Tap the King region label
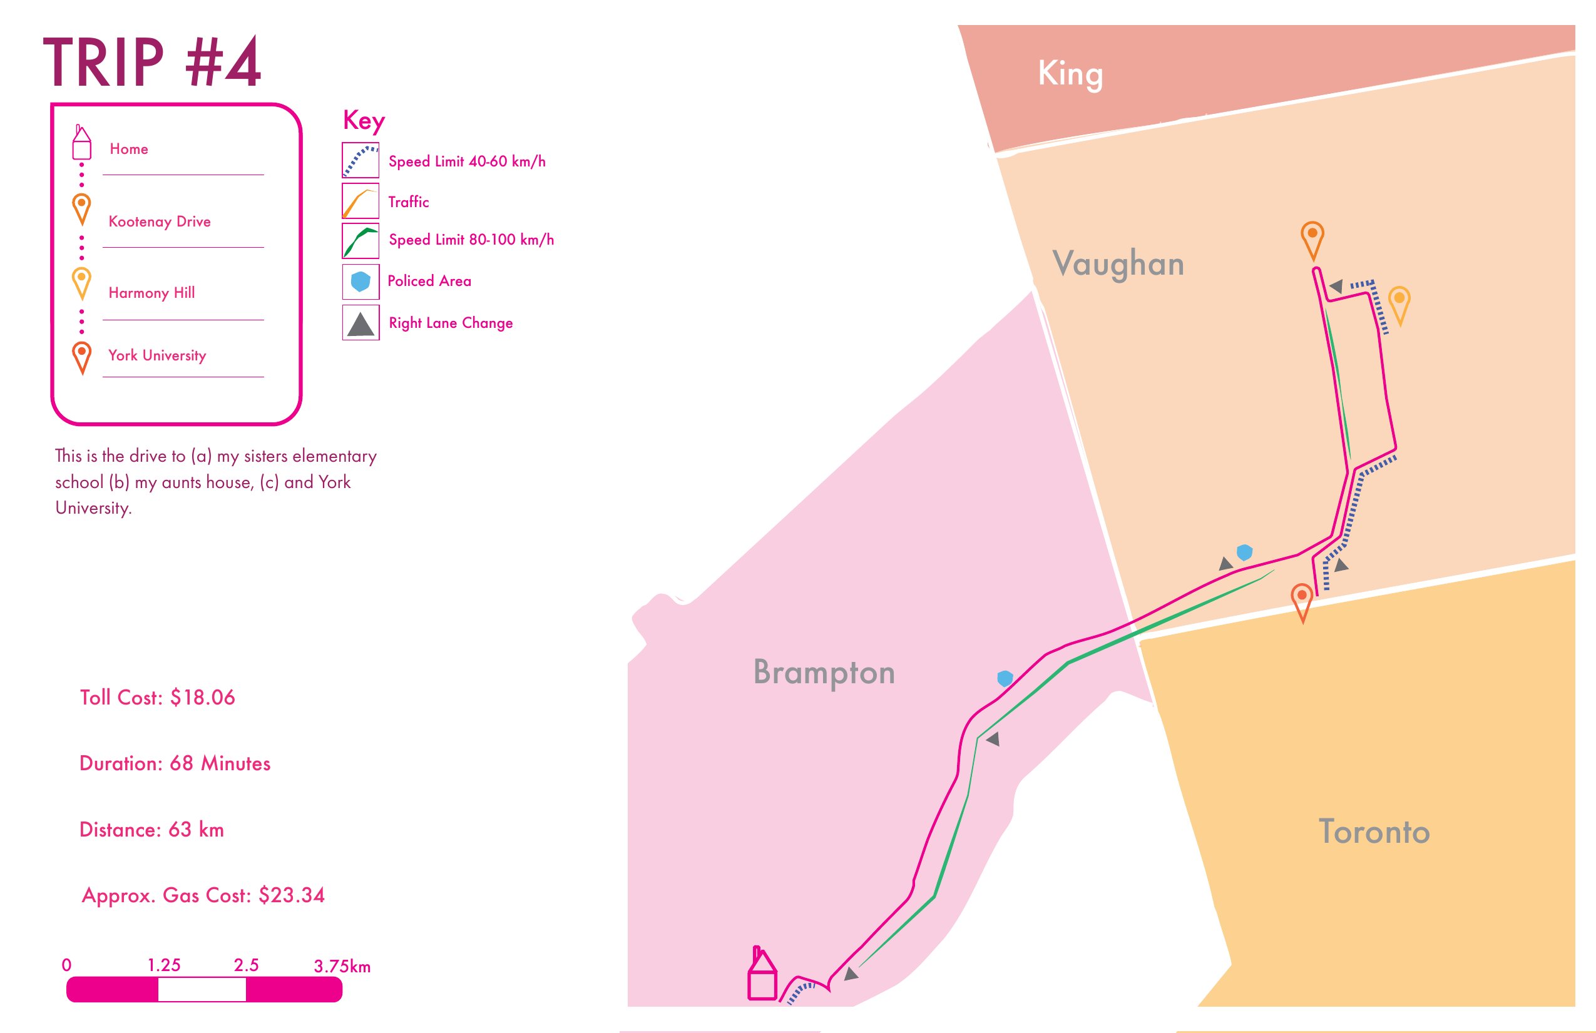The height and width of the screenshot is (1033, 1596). (x=1070, y=74)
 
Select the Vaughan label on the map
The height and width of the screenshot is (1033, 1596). (x=1118, y=263)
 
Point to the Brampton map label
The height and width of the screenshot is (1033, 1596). (x=824, y=673)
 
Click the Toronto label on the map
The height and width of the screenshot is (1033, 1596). (x=1374, y=832)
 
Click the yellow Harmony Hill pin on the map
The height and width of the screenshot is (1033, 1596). (x=1399, y=302)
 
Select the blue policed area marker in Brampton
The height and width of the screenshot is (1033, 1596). (x=1005, y=678)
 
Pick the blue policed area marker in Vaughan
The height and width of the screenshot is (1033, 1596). (x=1245, y=552)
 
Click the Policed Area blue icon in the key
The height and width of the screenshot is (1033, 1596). (x=361, y=282)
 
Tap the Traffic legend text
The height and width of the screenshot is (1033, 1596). (x=408, y=201)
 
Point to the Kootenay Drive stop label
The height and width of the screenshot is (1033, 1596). (x=160, y=222)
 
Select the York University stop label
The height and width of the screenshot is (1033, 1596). (x=158, y=355)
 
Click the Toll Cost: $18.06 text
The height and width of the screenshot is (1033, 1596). (x=158, y=698)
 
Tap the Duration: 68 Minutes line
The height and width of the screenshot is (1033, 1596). (x=175, y=763)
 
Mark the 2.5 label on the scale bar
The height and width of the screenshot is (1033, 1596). (x=246, y=965)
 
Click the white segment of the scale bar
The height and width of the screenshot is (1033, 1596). (x=202, y=989)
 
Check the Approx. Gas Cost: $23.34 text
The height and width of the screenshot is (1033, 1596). (x=203, y=895)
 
